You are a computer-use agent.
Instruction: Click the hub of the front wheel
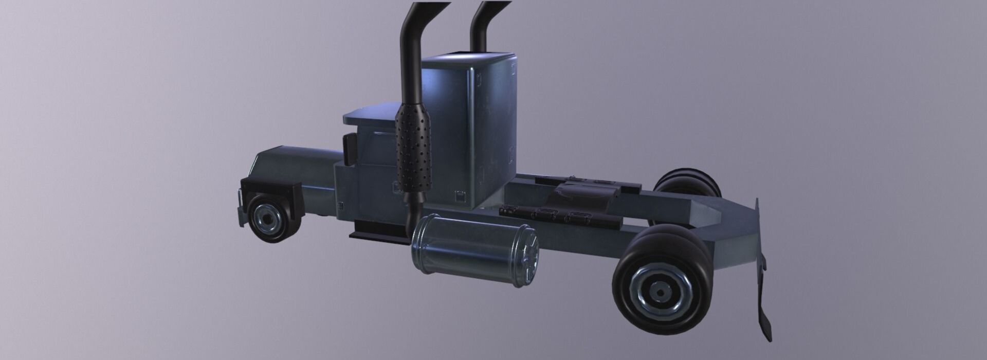pyautogui.click(x=267, y=219)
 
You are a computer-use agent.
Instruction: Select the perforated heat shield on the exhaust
pyautogui.click(x=413, y=147)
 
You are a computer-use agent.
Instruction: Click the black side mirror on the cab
pyautogui.click(x=350, y=149)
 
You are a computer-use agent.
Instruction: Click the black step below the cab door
pyautogui.click(x=378, y=235)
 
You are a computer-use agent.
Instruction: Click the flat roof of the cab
pyautogui.click(x=370, y=114)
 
